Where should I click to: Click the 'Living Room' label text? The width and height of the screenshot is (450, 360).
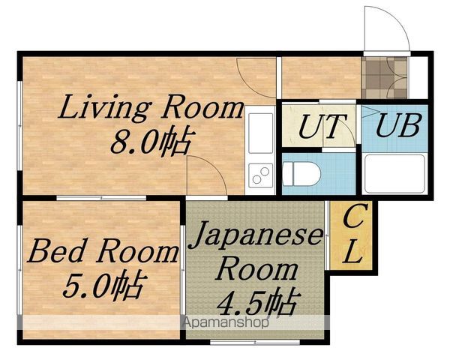[x=151, y=107]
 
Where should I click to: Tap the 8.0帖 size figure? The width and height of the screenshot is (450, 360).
[x=151, y=142]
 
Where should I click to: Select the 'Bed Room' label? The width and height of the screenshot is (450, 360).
[x=103, y=251]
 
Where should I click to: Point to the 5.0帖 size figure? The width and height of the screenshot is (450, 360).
[x=103, y=286]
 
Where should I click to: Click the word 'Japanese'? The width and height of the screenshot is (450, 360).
[x=256, y=236]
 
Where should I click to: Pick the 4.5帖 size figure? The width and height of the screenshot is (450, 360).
[x=256, y=303]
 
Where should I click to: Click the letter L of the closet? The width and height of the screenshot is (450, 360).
[x=352, y=251]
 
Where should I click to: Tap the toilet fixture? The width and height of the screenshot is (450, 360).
[x=301, y=174]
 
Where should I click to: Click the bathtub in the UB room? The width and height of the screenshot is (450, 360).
[x=394, y=174]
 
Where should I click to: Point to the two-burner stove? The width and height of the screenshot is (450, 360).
[x=260, y=175]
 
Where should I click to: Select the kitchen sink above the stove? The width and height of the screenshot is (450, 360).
[x=260, y=133]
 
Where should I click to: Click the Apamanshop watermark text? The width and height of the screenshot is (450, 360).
[x=226, y=322]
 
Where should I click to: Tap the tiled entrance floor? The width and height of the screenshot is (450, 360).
[x=384, y=77]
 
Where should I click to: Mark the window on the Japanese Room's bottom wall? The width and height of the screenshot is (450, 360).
[x=255, y=342]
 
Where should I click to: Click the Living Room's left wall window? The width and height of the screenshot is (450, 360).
[x=19, y=126]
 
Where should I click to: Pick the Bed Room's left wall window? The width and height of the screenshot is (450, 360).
[x=19, y=270]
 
